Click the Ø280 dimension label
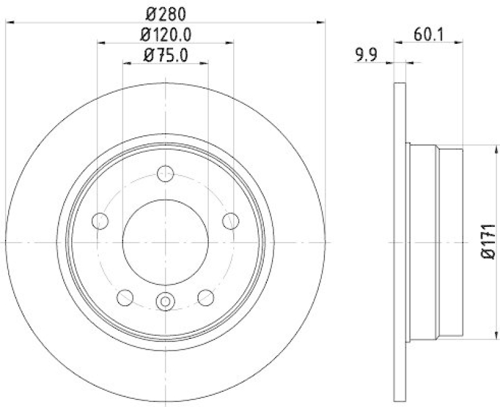165,12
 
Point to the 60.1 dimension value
429,34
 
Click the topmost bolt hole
165,174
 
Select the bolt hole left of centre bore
100,220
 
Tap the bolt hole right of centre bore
231,220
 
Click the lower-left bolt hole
125,298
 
